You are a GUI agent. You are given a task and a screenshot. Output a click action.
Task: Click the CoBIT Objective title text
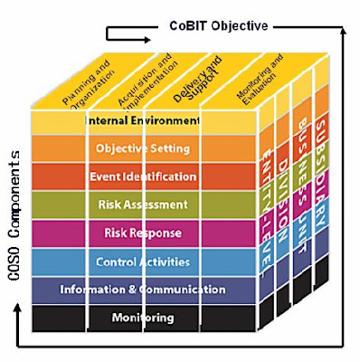click(x=216, y=25)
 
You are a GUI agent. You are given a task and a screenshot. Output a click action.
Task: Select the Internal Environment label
click(x=143, y=120)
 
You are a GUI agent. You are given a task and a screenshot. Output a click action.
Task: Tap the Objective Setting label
click(x=143, y=148)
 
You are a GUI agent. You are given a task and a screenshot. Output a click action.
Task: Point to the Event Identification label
click(x=143, y=176)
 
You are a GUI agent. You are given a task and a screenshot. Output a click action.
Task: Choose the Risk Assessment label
click(x=143, y=205)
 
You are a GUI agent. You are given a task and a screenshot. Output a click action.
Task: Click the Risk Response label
click(x=143, y=233)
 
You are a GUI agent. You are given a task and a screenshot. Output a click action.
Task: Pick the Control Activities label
click(x=143, y=262)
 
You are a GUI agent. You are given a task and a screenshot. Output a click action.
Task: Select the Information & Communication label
click(x=143, y=290)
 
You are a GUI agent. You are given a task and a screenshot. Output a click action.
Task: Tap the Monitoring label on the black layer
click(x=143, y=318)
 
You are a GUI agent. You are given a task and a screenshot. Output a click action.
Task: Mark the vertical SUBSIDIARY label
click(x=325, y=152)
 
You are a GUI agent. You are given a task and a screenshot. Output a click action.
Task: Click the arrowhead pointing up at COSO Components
click(x=14, y=309)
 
